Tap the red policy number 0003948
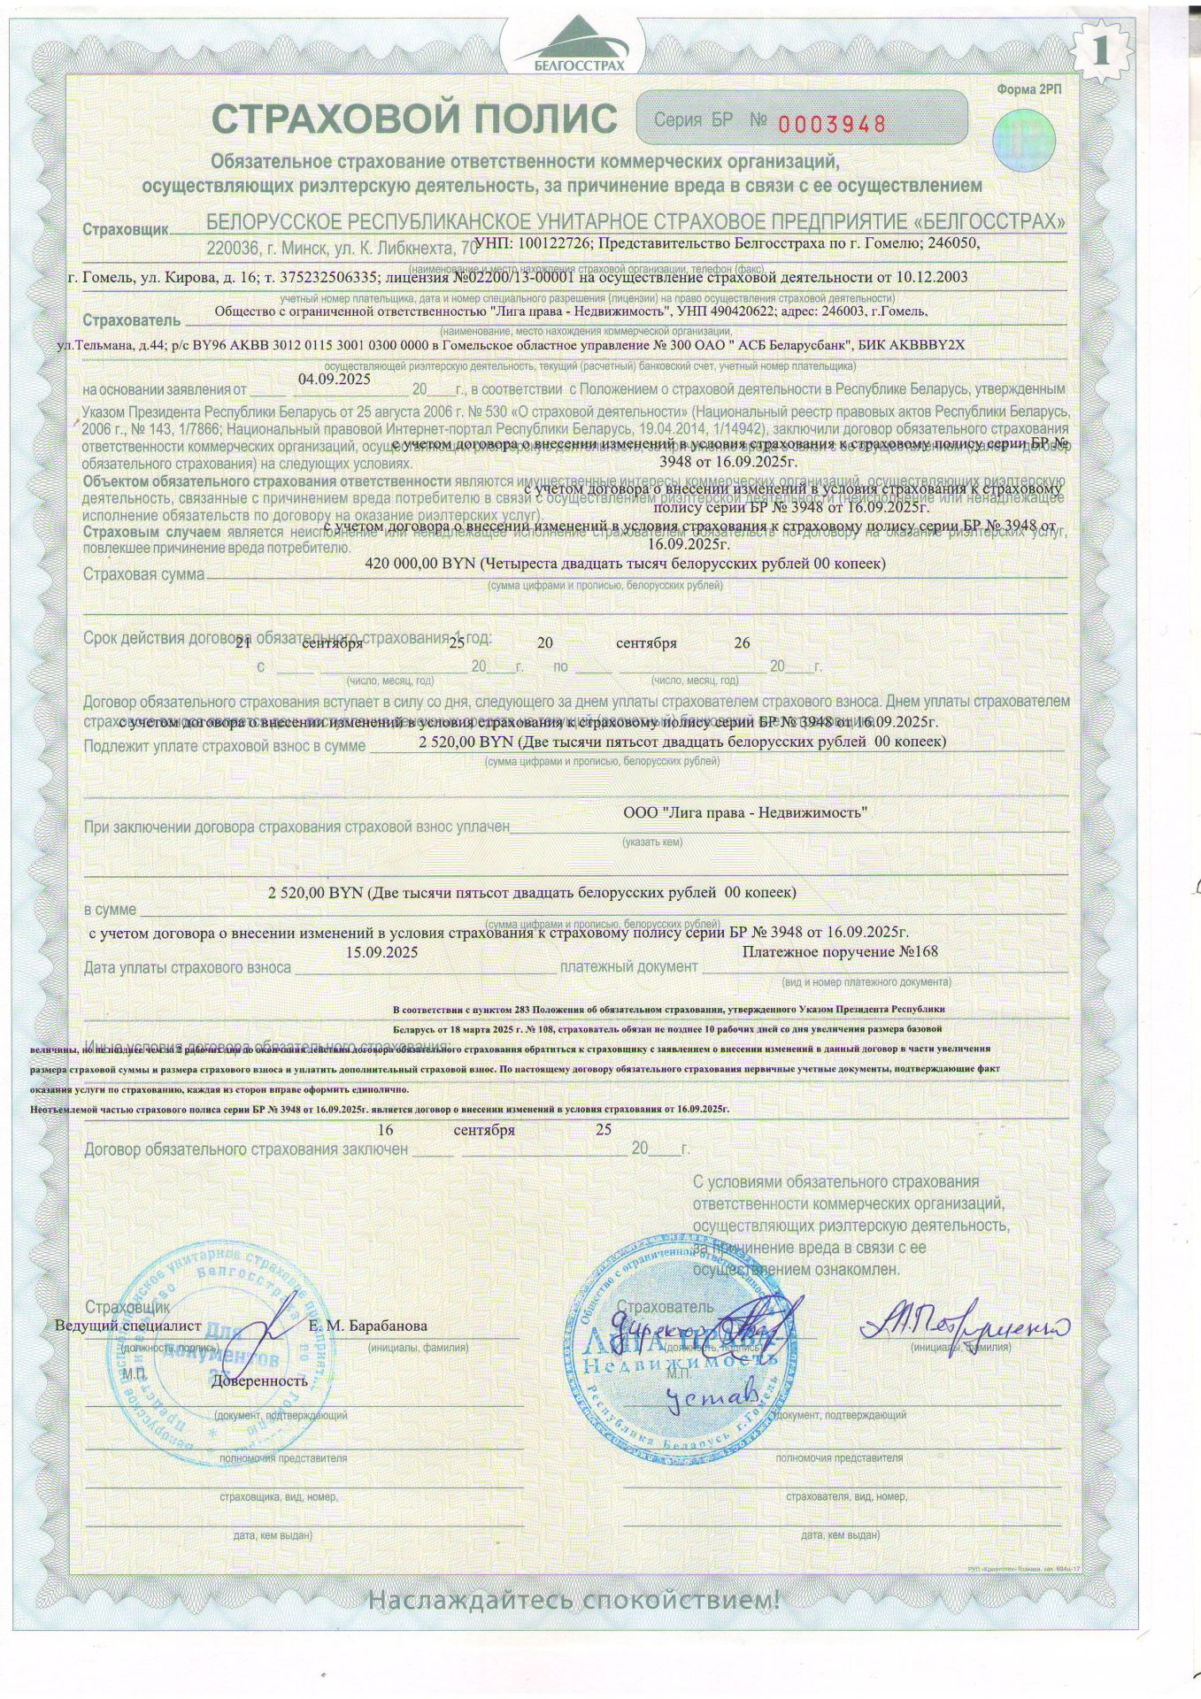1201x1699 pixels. pos(831,124)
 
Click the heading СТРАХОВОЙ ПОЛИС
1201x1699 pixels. pos(414,119)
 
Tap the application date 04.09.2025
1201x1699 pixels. pos(335,379)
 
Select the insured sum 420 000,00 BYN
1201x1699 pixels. pos(421,564)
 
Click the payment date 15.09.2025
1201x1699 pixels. pos(382,952)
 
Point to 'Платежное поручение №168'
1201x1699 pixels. pos(840,951)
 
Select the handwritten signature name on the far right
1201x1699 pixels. pos(965,1325)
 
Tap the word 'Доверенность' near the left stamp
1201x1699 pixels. pos(259,1380)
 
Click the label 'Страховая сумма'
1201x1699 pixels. pos(143,575)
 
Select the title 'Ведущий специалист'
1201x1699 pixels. pos(128,1326)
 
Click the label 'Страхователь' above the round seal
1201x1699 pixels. pos(665,1307)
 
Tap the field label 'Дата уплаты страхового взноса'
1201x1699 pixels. pos(188,968)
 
